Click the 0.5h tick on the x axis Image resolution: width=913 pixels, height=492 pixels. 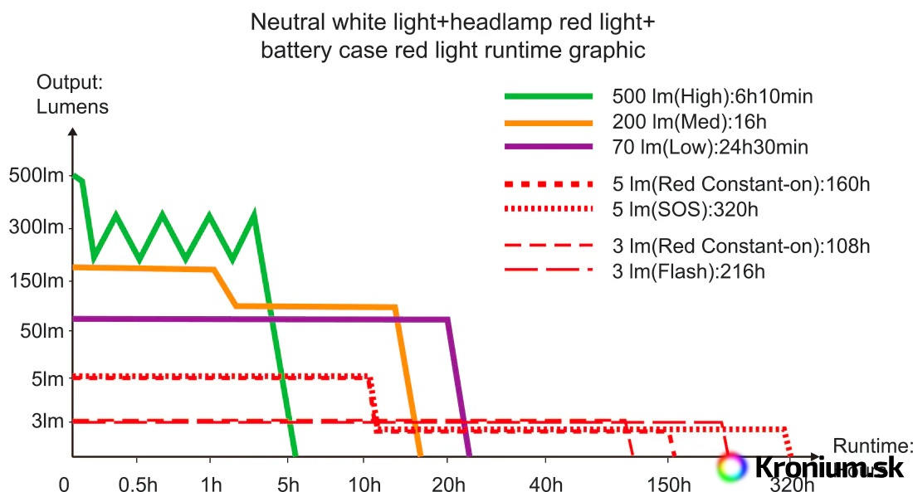tap(137, 483)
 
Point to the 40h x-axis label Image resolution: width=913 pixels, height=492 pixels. tap(545, 483)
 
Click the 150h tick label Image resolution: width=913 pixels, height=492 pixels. tap(671, 483)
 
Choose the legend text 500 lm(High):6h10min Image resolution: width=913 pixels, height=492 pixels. tap(712, 96)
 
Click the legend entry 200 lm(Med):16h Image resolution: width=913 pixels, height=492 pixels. tap(689, 123)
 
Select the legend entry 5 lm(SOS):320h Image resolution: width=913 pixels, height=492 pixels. tap(685, 209)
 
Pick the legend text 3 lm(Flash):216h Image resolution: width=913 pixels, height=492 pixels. tap(688, 271)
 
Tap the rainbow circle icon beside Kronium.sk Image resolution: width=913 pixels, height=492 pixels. tap(731, 467)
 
